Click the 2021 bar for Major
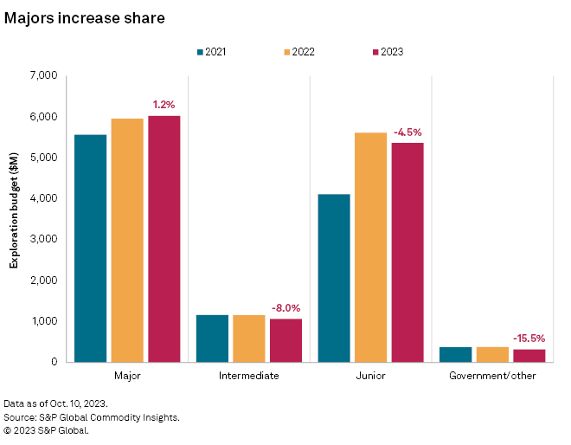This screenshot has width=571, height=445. pos(90,248)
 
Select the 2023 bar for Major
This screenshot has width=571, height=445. pos(164,239)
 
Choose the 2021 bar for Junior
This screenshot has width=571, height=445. pos(334,278)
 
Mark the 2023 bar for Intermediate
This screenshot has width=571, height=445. pos(285,340)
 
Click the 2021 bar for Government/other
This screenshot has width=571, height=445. pos(455,354)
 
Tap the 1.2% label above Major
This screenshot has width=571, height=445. pos(164,105)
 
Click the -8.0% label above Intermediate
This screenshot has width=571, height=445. pos(285,307)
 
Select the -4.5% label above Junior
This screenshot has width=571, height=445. pos(407,132)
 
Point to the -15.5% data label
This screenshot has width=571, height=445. pos(529,339)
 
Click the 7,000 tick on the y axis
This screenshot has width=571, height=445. pos(42,76)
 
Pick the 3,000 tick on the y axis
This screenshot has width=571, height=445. pos(42,239)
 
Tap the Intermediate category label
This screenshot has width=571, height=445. pos(248,377)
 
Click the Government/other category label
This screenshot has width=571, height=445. pos(492,377)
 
